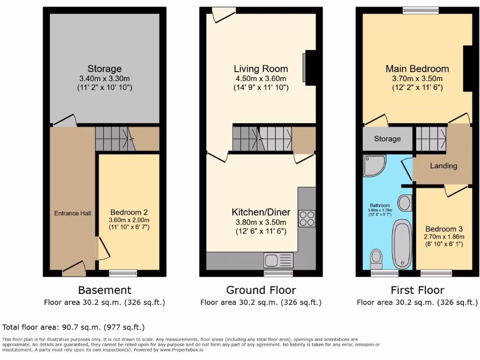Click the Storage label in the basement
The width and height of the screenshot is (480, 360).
(105, 69)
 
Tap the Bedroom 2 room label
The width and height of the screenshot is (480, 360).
(122, 211)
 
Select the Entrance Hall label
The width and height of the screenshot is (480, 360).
(73, 213)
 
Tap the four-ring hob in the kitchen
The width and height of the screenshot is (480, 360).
(307, 217)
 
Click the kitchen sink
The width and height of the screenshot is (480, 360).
(278, 259)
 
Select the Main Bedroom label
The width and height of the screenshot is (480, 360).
(417, 69)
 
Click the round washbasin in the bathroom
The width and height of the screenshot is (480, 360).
(405, 203)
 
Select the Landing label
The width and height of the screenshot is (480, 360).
(443, 166)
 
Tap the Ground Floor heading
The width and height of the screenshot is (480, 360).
(261, 290)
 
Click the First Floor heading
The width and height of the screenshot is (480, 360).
(417, 290)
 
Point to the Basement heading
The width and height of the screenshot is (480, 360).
(105, 290)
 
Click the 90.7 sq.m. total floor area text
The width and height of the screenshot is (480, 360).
(74, 327)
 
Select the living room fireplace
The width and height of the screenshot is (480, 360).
(309, 67)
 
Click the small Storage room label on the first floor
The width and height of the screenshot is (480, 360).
(387, 139)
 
